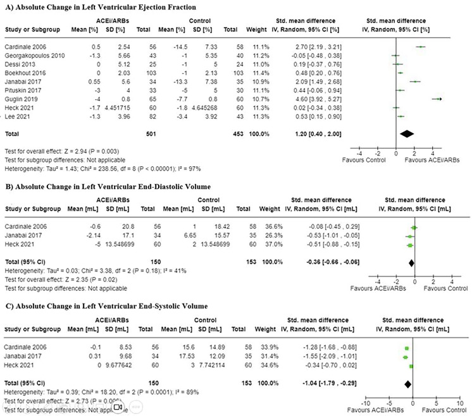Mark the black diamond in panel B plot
[411, 260]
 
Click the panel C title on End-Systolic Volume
[104, 307]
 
